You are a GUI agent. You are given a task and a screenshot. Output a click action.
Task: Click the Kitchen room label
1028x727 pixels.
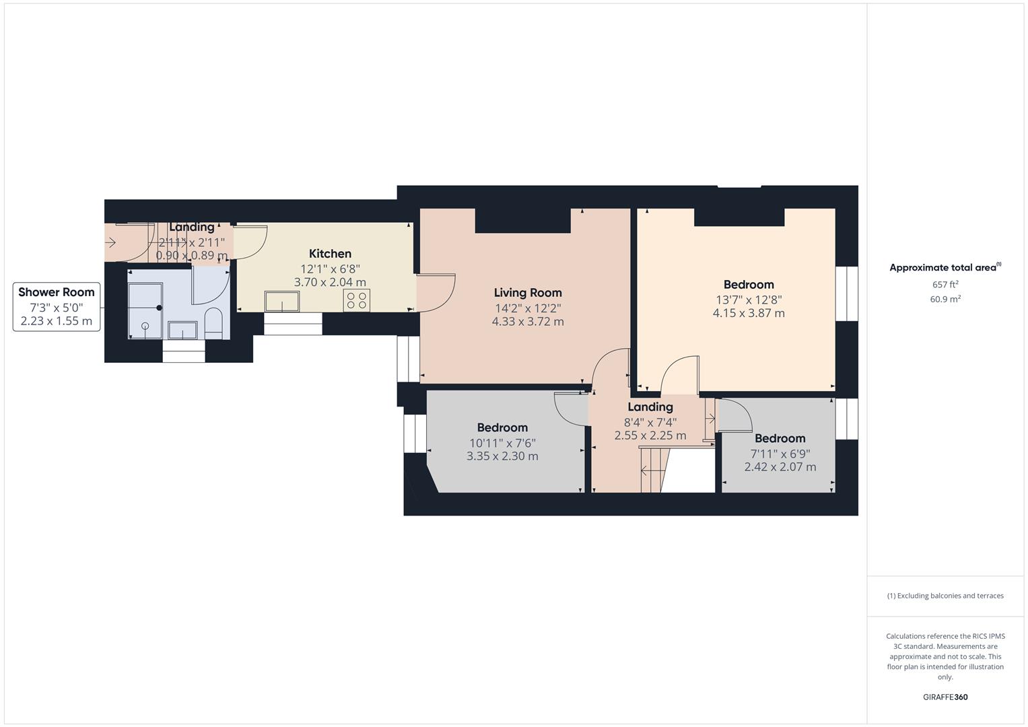tap(330, 254)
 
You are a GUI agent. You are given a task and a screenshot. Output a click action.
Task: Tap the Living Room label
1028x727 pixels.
tap(528, 293)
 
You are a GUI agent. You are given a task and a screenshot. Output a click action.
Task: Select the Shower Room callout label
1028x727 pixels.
tap(57, 292)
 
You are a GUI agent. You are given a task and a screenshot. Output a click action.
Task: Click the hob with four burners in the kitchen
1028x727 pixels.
tap(357, 300)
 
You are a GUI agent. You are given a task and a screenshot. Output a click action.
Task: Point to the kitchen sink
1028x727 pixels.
tap(283, 302)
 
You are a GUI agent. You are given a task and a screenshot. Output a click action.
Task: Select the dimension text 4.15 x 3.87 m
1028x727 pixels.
tap(749, 313)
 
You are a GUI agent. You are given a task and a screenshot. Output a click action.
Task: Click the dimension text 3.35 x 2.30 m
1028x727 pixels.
tap(502, 456)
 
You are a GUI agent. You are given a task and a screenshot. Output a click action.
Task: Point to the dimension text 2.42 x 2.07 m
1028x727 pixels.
tap(780, 467)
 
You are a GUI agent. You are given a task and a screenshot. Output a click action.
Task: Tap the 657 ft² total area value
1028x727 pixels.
tap(945, 285)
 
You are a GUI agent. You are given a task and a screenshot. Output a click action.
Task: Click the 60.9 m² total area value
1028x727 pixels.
tap(945, 300)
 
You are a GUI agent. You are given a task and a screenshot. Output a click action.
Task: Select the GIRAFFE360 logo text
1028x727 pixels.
tap(945, 697)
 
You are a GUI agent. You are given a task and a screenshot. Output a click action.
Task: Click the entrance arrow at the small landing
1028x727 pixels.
tap(110, 242)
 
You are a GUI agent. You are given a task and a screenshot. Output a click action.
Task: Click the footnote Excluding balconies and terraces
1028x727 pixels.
tap(945, 596)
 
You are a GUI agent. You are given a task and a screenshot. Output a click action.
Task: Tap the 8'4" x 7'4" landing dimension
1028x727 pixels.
tap(650, 423)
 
